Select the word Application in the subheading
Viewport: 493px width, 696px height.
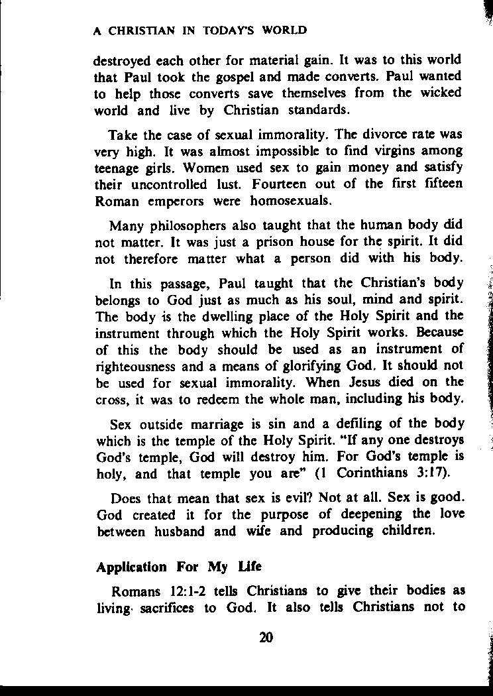tap(131, 567)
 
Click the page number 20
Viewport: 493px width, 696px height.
tap(267, 638)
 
